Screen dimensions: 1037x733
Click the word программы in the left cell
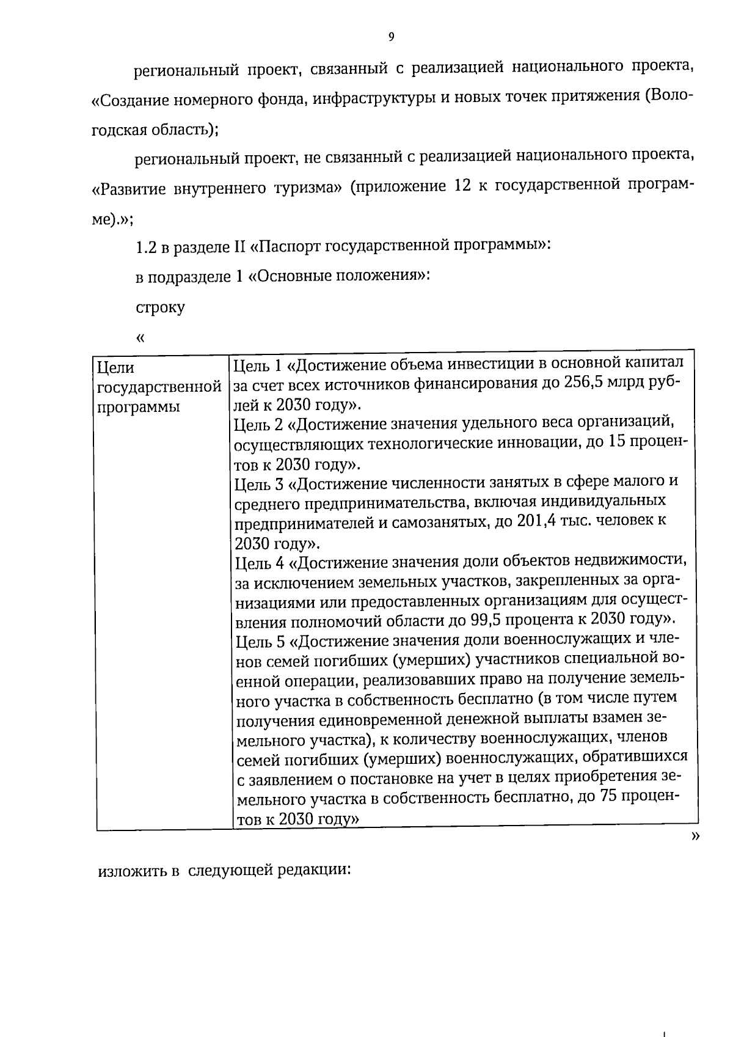coord(139,407)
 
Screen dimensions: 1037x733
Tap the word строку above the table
coord(160,307)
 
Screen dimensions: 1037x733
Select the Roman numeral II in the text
coord(240,247)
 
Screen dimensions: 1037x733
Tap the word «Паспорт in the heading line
coord(285,247)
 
